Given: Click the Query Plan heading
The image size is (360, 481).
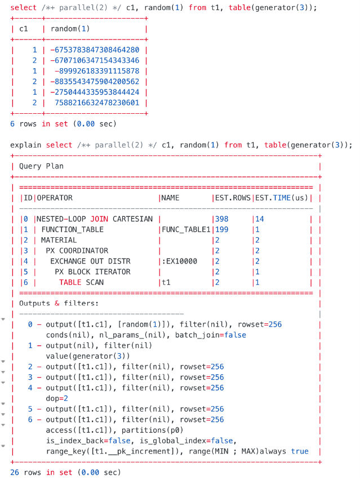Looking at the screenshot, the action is (41, 166).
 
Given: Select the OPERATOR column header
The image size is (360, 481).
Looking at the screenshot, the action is (55, 198).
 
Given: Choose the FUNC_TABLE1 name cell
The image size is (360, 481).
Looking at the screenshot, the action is (185, 229).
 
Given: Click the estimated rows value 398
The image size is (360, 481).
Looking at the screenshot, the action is (221, 219).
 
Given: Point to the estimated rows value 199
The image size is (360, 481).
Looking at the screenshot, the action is (221, 229).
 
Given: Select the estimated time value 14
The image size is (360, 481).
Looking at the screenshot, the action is (260, 219).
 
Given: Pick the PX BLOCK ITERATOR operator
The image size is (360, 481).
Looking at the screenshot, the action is (92, 271).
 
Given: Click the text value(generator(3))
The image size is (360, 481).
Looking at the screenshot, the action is (88, 356).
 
